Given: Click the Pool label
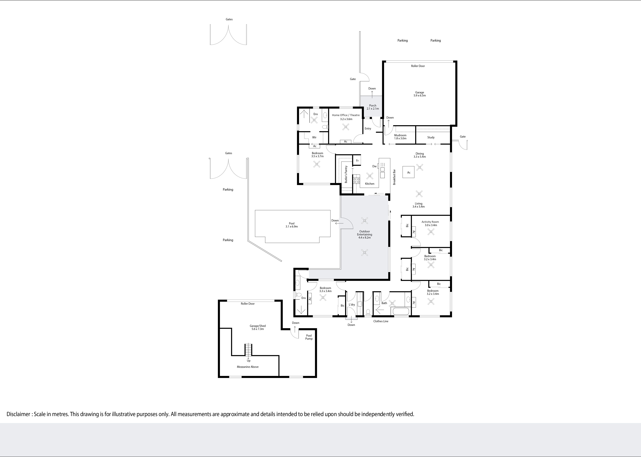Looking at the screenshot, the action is (x=292, y=225).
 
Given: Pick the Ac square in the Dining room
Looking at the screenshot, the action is (x=409, y=172).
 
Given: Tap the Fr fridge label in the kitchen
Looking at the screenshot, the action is (x=357, y=161).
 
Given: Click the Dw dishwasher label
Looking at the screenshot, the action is (x=374, y=166).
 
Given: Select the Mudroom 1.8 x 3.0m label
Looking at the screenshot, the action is (x=400, y=137).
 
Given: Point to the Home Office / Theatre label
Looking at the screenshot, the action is (x=346, y=115).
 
